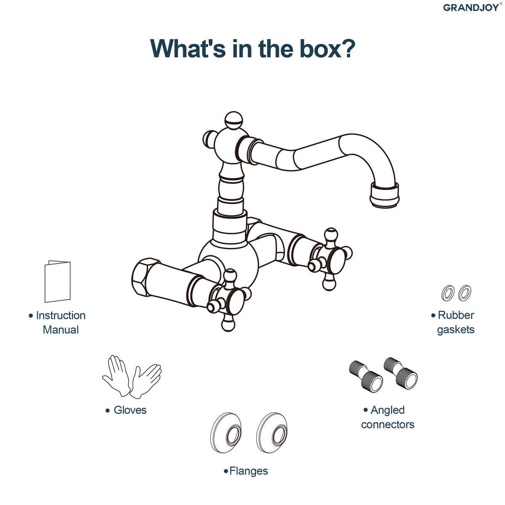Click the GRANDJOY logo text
[x=471, y=8]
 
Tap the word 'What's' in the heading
[x=188, y=48]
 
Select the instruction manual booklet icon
[x=58, y=282]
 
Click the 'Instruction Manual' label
[x=58, y=323]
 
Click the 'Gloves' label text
[x=126, y=410]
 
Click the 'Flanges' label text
[x=246, y=471]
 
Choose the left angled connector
[x=366, y=375]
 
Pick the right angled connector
[x=401, y=373]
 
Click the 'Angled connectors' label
[x=388, y=417]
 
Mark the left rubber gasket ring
[x=448, y=293]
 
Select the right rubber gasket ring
[x=465, y=293]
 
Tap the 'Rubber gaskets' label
[x=453, y=323]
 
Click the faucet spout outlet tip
[x=385, y=196]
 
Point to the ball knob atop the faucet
[x=234, y=120]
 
